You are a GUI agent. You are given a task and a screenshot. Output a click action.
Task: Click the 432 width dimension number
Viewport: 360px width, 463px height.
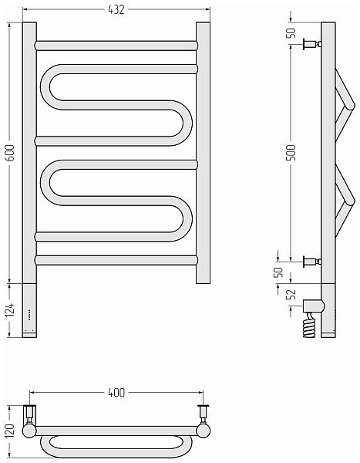coord(116,10)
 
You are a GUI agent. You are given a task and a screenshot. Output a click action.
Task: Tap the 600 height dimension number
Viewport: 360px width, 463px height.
coord(10,152)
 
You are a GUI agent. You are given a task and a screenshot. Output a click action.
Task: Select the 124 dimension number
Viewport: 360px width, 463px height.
coord(10,309)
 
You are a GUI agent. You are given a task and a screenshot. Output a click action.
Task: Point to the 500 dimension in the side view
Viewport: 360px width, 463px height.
coord(291,152)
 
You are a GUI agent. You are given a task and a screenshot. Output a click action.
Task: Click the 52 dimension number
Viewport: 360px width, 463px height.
coord(291,294)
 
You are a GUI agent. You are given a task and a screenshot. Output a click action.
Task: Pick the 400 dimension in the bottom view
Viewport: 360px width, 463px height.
coord(116,393)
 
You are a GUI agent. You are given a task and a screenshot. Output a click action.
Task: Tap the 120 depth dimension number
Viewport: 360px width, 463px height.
coord(10,431)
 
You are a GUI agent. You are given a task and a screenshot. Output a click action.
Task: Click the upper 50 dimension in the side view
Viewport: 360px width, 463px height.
coord(291,32)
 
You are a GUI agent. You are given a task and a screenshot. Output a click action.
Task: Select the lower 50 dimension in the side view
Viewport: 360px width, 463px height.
coord(279,272)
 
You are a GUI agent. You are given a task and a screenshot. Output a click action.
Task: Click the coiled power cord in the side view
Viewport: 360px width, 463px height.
coord(309,325)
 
